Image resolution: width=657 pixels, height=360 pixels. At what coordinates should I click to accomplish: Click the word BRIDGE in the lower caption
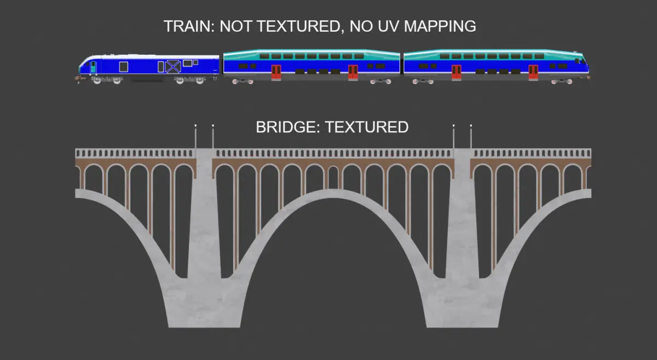(x=287, y=127)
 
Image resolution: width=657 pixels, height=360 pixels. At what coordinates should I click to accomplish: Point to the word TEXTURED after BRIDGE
(x=366, y=127)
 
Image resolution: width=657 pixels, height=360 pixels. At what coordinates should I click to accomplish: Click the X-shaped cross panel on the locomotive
(x=174, y=67)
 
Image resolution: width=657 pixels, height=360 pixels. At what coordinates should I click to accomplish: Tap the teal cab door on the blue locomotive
(x=93, y=67)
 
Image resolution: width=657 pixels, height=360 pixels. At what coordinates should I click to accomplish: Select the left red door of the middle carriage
(x=276, y=72)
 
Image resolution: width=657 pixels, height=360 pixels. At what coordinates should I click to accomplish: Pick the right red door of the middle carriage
(x=353, y=72)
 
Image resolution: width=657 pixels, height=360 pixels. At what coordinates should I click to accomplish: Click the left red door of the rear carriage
(x=456, y=72)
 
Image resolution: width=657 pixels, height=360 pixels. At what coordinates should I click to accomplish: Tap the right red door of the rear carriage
(x=533, y=72)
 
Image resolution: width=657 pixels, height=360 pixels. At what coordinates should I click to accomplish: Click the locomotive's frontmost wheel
(x=97, y=81)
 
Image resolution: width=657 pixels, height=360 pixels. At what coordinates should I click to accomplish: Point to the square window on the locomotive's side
(x=124, y=66)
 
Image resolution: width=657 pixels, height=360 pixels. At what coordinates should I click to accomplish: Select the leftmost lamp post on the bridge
(x=195, y=137)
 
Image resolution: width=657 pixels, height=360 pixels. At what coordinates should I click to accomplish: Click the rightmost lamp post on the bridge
(x=471, y=137)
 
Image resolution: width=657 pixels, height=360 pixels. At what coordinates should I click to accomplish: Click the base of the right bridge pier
(x=463, y=320)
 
